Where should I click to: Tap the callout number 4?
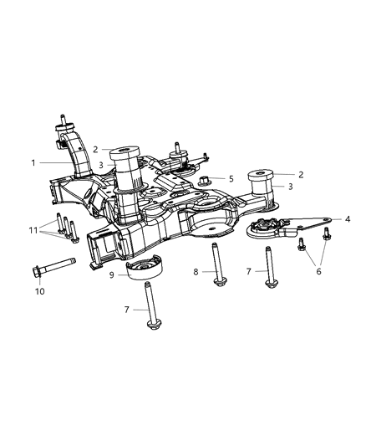point(348,218)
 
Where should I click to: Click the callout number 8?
point(196,272)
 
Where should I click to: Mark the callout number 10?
point(38,290)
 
